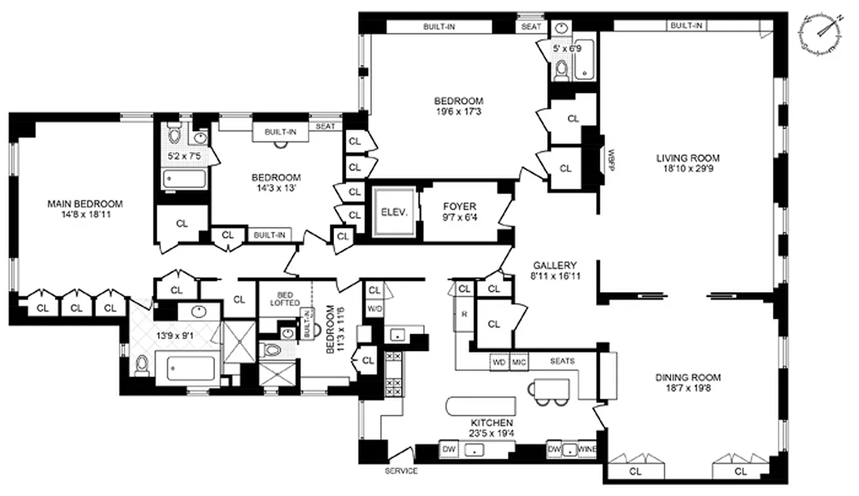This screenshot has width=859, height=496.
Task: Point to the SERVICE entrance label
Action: (x=400, y=471)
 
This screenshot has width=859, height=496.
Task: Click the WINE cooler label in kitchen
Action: (x=587, y=448)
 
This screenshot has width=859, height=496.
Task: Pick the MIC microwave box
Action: (x=518, y=361)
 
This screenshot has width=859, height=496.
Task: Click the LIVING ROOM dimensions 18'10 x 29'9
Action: (x=688, y=168)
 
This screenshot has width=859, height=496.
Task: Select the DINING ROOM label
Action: (x=688, y=378)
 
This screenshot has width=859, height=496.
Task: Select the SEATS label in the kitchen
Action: (x=562, y=361)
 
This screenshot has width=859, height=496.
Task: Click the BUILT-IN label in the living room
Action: (x=686, y=25)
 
